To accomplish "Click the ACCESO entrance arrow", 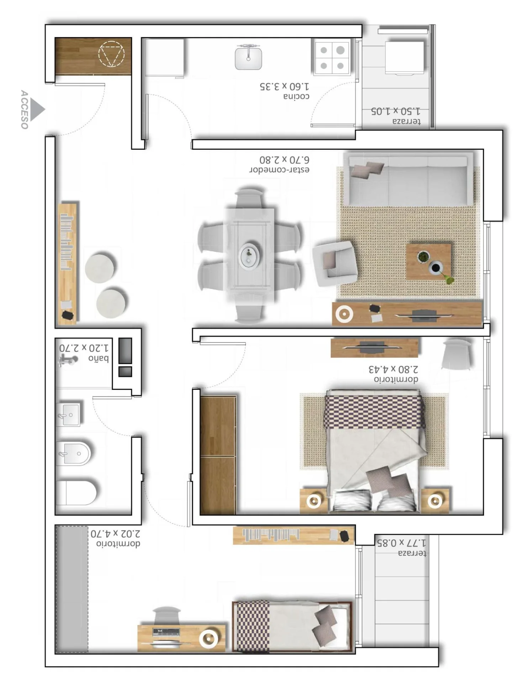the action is coord(37,109).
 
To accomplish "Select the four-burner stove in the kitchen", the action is coord(332,57).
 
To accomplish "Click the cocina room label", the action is coord(296,96).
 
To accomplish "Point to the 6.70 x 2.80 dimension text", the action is coord(284,160).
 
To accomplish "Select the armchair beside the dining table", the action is coord(334,263).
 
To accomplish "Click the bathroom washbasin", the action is coord(68,414).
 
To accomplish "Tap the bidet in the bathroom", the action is coord(73,454).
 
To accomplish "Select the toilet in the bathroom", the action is coord(76,493).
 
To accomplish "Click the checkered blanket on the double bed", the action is coord(374,412).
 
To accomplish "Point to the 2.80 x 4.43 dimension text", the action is coord(393,369).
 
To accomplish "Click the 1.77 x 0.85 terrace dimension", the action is coord(401,543).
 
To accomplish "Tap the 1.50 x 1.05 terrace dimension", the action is coord(395,111).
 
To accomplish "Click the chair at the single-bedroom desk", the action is coord(167,615).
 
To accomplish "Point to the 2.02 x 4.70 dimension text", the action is coord(115,534).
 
